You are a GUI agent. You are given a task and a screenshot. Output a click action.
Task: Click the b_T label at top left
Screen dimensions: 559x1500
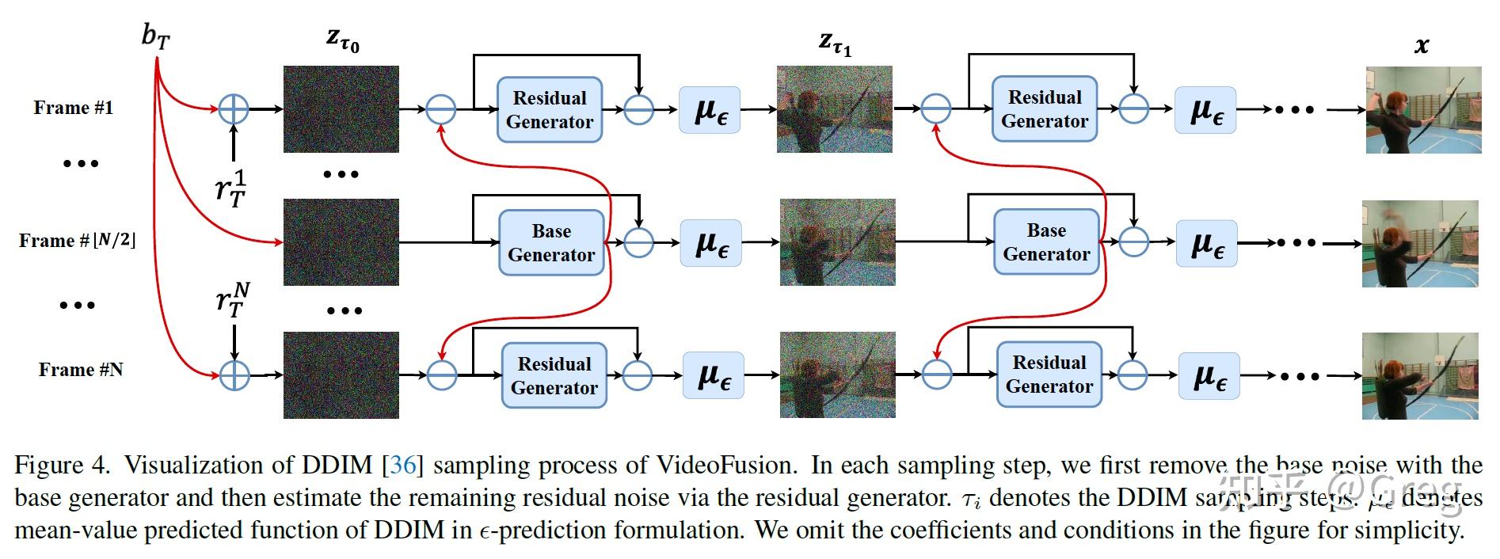coord(155,37)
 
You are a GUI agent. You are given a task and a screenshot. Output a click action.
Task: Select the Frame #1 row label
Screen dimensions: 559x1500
coord(73,108)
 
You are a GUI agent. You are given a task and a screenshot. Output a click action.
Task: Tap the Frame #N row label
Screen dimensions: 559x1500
coord(80,370)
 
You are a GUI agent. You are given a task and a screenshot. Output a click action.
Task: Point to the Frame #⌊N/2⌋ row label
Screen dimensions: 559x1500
coord(77,241)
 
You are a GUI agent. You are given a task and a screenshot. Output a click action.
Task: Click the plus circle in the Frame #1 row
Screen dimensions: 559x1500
coord(234,109)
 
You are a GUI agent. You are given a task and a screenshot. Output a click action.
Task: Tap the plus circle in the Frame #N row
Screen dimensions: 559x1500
coord(234,375)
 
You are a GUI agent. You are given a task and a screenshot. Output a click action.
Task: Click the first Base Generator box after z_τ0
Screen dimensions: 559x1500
coord(551,242)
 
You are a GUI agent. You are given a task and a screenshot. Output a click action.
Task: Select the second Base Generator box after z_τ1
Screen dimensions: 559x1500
coord(1046,241)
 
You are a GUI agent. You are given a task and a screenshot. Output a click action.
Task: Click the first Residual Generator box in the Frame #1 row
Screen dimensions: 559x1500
coord(550,109)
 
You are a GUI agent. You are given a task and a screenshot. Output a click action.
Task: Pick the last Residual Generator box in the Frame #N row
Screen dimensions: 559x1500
coord(1049,375)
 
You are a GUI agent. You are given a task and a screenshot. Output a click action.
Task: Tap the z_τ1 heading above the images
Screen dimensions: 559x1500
coord(835,43)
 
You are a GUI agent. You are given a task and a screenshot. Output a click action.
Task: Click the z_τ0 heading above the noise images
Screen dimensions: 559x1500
coord(342,40)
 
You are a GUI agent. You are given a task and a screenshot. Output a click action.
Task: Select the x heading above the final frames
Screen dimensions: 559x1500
coord(1422,45)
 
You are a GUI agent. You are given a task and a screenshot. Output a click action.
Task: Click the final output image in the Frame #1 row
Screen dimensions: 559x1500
coord(1423,109)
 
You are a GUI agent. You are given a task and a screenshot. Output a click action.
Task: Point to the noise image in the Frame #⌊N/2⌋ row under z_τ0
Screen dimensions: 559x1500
coord(341,242)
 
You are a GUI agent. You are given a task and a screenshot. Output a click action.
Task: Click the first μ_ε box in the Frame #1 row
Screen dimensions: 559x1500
coord(711,110)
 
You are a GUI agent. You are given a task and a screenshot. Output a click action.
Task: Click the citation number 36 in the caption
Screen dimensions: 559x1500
coord(402,465)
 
